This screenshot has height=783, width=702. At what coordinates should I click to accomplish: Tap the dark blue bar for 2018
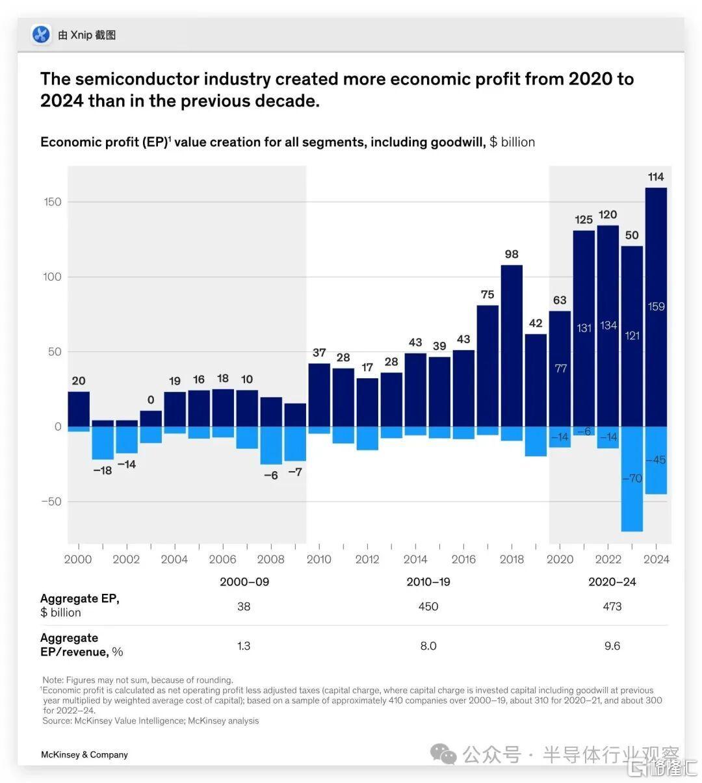coord(512,344)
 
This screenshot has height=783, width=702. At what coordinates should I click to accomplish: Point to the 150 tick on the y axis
coord(53,202)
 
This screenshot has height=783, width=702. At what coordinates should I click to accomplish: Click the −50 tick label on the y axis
coord(51,502)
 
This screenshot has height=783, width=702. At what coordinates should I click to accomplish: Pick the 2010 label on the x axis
coord(318,559)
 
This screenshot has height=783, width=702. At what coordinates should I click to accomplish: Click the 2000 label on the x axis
coord(78,559)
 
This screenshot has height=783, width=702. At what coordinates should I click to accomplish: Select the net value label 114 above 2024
coord(656,177)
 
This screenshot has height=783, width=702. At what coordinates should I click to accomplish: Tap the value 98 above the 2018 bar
coord(512,254)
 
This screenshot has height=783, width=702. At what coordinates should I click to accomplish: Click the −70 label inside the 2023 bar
coord(632,479)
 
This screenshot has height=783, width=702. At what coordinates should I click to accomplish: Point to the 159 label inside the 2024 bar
coord(656,307)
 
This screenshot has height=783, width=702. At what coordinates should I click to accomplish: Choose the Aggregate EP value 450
coord(428,606)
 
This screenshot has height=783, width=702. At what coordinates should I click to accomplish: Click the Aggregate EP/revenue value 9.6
coord(612,646)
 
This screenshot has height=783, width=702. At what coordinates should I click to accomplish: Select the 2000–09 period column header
coord(244,582)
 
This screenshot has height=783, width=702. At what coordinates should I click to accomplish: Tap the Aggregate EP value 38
coord(244,606)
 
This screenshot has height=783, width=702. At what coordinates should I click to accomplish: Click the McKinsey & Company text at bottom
coord(84,754)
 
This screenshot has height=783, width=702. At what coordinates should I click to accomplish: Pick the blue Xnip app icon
coord(42,34)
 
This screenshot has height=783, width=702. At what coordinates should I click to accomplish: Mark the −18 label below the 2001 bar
coord(103,470)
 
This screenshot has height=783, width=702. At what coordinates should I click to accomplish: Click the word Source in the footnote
coord(57,721)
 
